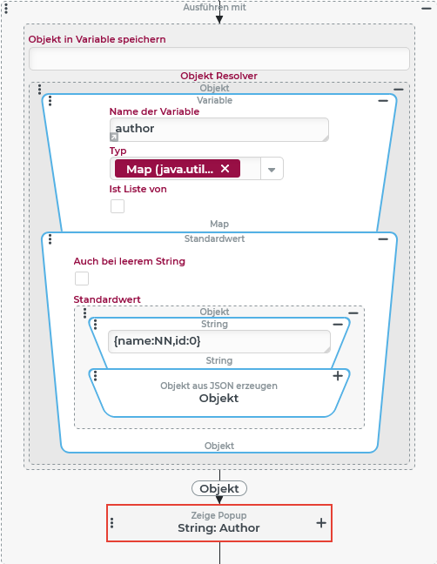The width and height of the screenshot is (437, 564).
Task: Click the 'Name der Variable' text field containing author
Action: pos(219,130)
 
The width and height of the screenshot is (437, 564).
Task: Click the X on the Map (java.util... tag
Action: pos(225,168)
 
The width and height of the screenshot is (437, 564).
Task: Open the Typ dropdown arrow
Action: pos(272,169)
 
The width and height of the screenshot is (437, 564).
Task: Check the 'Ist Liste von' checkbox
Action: pos(118,206)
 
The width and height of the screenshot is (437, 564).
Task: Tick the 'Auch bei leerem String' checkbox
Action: pos(82,279)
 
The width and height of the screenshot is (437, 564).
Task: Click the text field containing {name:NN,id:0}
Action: pos(219,341)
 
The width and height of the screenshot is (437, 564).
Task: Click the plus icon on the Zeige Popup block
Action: pos(321,523)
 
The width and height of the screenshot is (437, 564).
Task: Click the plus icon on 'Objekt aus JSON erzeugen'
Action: pos(338,376)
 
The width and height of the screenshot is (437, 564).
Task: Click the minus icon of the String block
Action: pos(338,325)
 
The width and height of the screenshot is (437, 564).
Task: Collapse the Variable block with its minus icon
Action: pos(383,101)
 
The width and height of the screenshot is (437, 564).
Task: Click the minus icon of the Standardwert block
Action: pos(383,238)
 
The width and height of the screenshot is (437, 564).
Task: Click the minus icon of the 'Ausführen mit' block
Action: pos(427,9)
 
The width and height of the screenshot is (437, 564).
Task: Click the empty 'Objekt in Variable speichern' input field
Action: pos(219,58)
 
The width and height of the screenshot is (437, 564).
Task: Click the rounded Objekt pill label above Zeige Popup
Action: pos(219,488)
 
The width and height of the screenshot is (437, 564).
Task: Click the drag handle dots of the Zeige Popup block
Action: pos(111,523)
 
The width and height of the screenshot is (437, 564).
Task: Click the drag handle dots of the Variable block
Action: pos(50,101)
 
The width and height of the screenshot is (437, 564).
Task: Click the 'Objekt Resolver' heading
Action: pos(219,76)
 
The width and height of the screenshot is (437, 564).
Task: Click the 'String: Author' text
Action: pos(218,528)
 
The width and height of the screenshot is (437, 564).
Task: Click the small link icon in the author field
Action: pos(114,137)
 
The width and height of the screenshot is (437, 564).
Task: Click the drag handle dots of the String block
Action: pos(95,325)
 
